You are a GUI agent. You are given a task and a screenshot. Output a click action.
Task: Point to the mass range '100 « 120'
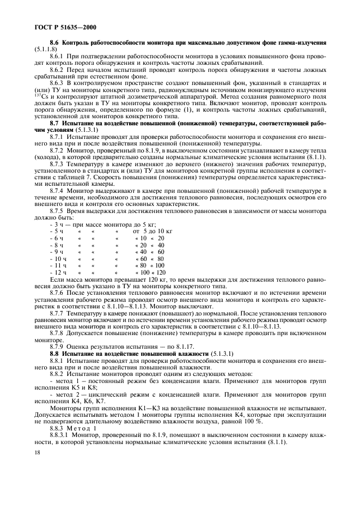[153, 272]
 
